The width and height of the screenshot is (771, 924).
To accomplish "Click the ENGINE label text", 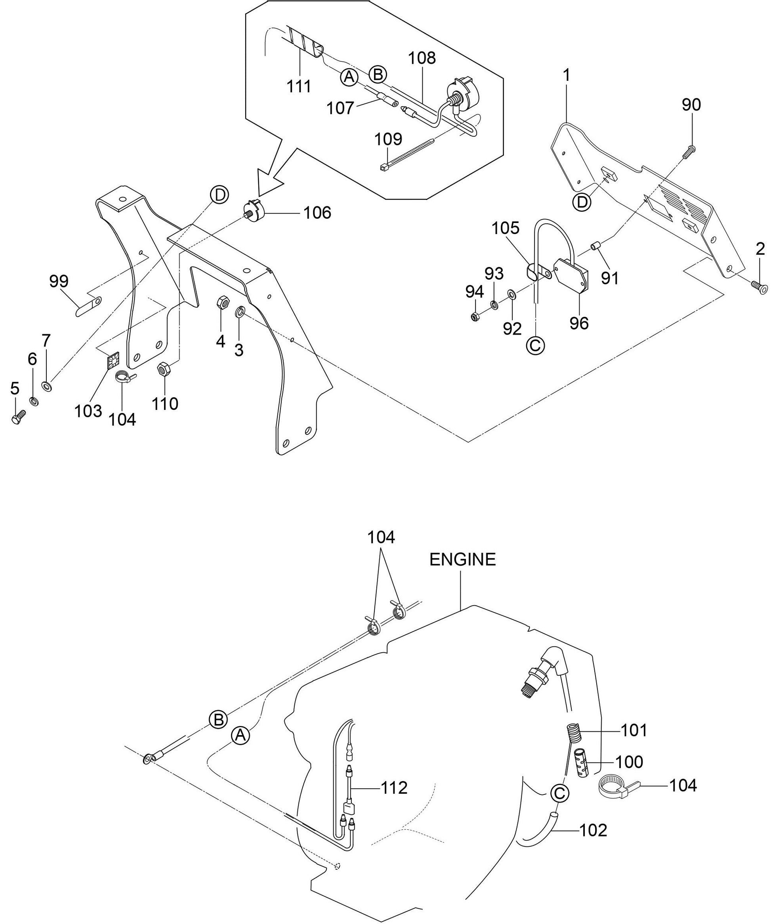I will pos(462,560).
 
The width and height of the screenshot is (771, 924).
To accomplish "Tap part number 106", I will pos(317,213).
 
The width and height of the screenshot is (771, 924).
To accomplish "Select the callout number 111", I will pos(299,86).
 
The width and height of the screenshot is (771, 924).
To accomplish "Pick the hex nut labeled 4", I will pos(221,303).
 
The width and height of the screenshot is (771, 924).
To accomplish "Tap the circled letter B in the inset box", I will pos(377,74).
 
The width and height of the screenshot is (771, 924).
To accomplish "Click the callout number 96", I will pos(579,323).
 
